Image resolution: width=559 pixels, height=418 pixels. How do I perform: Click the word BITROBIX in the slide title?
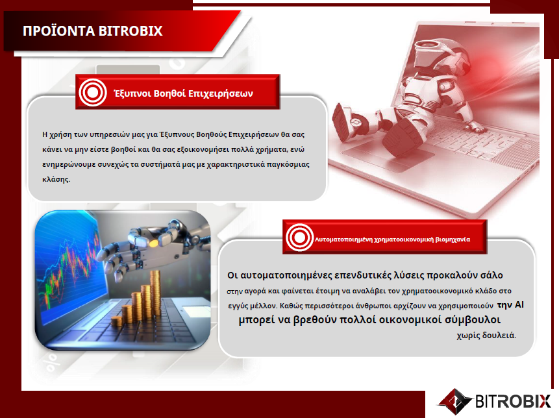point(130,31)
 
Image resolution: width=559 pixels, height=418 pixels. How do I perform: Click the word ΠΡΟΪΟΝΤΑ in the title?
point(59,31)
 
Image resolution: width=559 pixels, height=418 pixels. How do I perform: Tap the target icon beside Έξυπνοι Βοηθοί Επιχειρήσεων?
point(93,92)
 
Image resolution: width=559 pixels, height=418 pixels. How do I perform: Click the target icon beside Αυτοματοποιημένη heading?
point(299,238)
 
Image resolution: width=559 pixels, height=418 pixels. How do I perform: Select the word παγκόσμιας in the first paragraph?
point(288,165)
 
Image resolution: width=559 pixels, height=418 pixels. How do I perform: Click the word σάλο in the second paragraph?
point(491,275)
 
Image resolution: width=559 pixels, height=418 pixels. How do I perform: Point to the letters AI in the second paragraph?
point(519,304)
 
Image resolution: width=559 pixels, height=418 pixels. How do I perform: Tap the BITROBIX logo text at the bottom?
point(513,401)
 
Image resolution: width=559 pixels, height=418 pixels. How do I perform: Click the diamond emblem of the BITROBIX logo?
point(455,401)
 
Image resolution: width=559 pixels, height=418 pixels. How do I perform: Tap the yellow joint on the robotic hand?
point(154,243)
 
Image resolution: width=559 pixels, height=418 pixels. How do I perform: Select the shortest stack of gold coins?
point(116,322)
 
